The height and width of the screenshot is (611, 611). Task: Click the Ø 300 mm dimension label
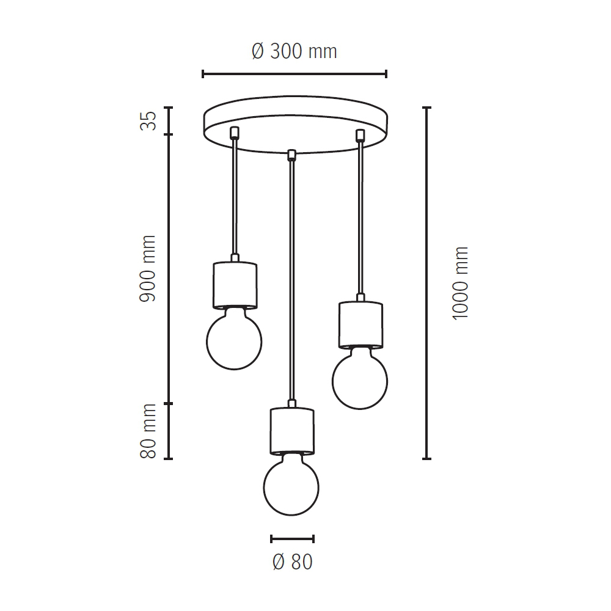click(295, 51)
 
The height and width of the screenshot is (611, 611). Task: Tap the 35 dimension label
click(148, 120)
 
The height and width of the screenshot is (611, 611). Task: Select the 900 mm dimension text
click(148, 268)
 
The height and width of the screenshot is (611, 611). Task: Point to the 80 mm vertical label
click(148, 431)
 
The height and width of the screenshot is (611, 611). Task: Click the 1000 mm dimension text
click(460, 283)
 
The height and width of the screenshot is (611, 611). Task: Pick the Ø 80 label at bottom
click(293, 562)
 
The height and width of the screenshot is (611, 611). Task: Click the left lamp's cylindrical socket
click(235, 285)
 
